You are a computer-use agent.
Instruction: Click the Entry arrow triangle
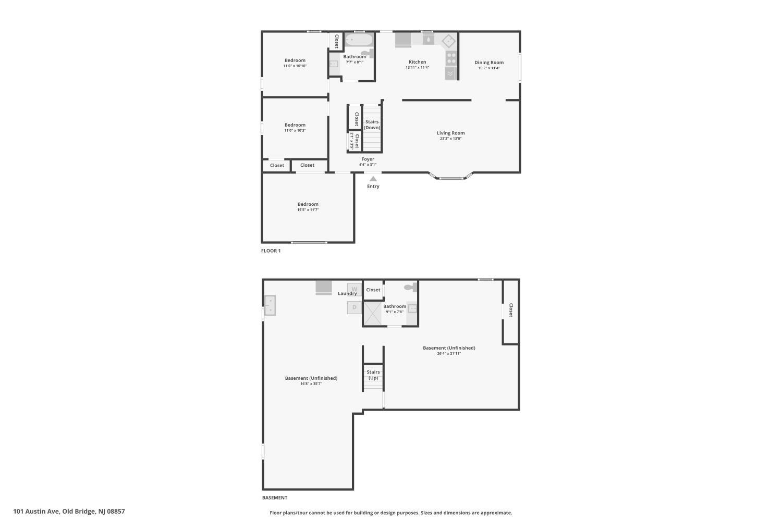pos(373,179)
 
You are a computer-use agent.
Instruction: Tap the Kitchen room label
pos(418,62)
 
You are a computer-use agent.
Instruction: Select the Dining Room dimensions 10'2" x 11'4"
pos(489,68)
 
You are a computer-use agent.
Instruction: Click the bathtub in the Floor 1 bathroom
pos(359,40)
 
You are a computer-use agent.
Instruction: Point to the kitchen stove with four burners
pos(451,58)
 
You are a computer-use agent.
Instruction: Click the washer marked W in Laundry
pos(355,289)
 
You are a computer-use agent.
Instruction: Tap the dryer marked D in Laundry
pos(355,307)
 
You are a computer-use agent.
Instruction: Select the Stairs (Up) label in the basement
pos(373,375)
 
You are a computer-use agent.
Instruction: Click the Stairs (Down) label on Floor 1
pos(372,125)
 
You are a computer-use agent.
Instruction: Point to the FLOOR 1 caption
pos(271,251)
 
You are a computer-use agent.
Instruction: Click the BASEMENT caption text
pos(275,498)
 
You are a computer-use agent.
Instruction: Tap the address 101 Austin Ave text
pos(36,511)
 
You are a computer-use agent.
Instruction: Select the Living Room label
pos(451,133)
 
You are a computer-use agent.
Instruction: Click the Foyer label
pos(368,159)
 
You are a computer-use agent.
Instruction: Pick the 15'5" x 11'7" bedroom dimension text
pos(308,210)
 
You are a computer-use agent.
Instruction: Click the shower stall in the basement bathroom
pos(373,313)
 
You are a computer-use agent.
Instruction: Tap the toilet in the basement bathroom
pos(411,287)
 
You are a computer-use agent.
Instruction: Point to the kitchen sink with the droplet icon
pos(429,39)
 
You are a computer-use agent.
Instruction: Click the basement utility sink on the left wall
pos(270,305)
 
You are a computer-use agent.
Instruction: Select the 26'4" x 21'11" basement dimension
pos(449,353)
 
